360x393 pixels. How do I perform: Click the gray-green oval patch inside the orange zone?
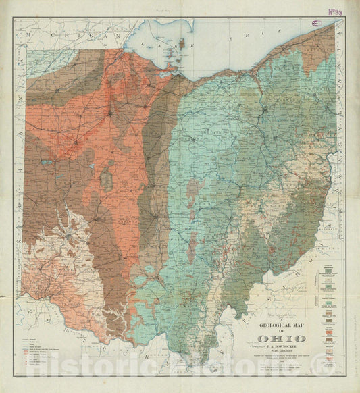point(106,179)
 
